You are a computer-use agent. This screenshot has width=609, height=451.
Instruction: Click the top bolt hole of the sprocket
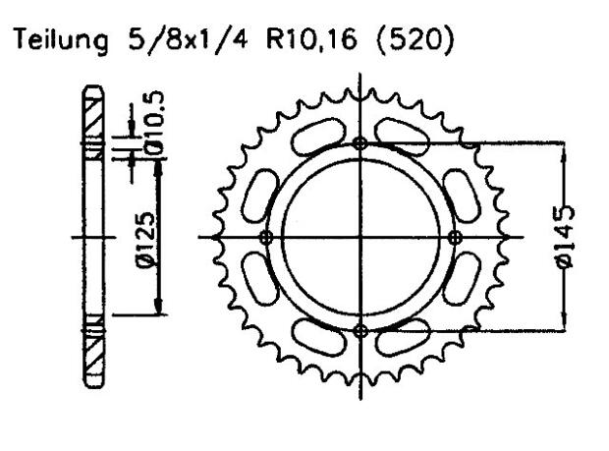coord(360,143)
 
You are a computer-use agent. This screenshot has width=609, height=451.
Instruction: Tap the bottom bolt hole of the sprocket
coord(360,330)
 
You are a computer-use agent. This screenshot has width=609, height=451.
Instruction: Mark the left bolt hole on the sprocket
coord(265,237)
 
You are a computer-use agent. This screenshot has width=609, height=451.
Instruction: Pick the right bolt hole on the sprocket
coord(454,237)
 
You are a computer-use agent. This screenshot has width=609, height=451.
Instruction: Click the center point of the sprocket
coord(360,237)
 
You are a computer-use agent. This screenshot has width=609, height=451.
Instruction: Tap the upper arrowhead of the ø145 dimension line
coord(565,150)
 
